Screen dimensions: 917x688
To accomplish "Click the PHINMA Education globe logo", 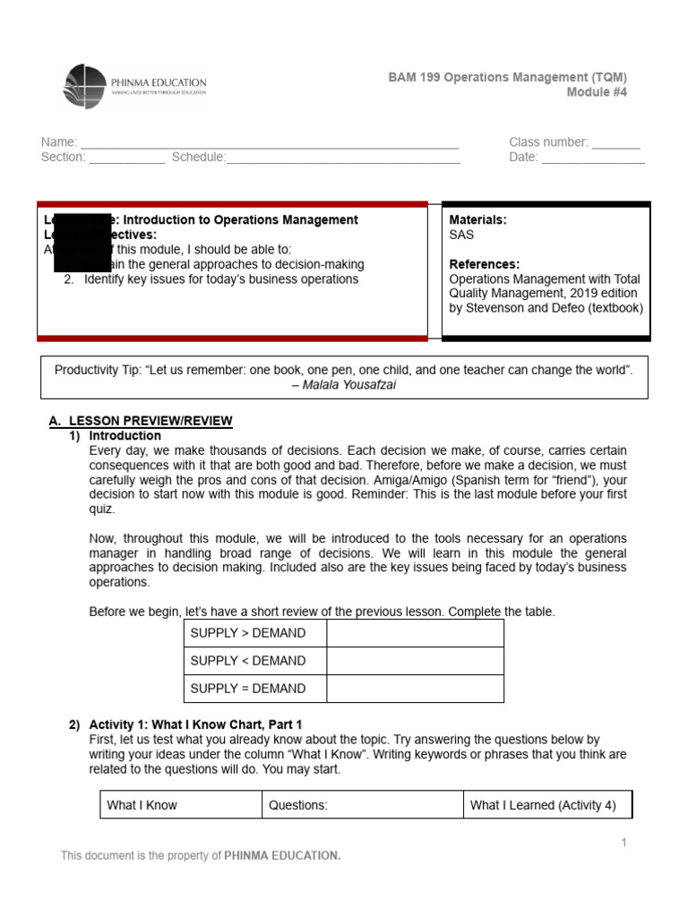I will (86, 86).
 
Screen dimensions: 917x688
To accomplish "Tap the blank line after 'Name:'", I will (270, 143).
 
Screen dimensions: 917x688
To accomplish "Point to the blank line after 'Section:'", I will (126, 159).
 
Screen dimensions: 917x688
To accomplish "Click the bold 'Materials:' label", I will (477, 220).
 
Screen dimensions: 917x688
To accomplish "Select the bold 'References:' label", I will (484, 264).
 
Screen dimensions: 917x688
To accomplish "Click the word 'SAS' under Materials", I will (461, 235).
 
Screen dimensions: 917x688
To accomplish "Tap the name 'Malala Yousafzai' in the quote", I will (350, 385).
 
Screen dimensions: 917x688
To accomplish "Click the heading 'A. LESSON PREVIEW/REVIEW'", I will (141, 421).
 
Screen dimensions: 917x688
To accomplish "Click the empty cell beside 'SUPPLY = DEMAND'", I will (415, 689).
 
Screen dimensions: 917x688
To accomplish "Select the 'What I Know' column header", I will (180, 805).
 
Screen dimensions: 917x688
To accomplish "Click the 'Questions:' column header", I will (362, 805).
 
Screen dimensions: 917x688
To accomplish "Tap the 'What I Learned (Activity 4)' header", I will (546, 805).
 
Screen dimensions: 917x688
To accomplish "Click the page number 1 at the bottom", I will (623, 843).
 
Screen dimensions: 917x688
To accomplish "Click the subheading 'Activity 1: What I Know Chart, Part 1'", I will (196, 724).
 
